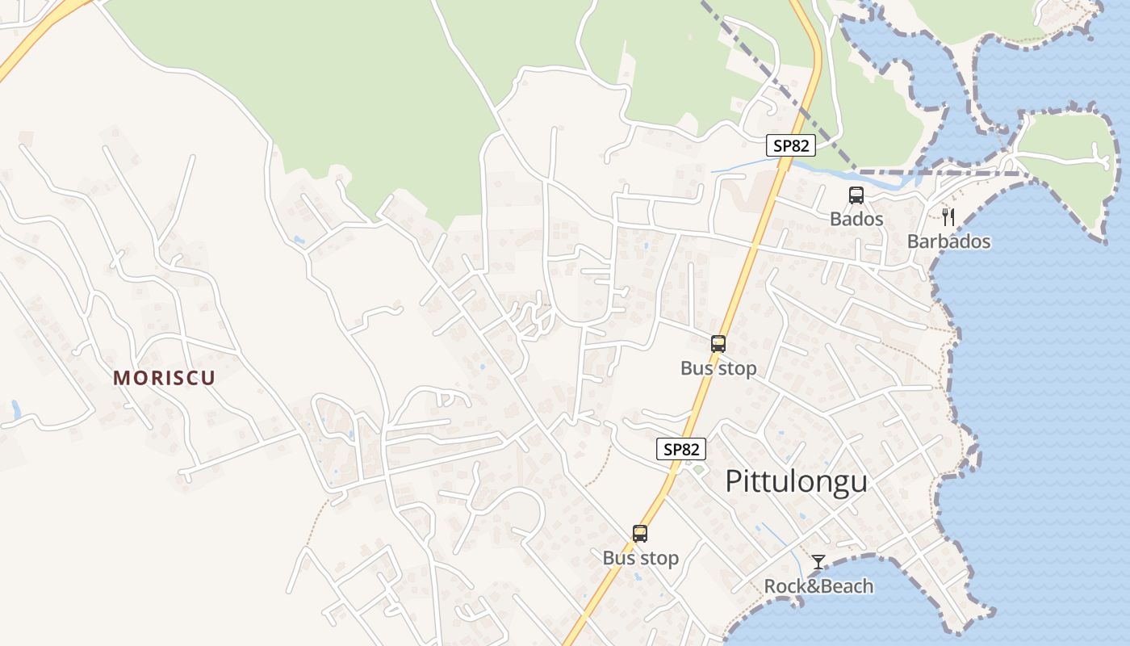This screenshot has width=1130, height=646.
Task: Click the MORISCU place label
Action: click(164, 378)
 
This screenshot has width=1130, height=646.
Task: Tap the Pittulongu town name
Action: click(796, 481)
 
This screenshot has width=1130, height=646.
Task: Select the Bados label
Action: click(856, 219)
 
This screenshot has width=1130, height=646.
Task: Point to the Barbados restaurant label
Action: click(948, 241)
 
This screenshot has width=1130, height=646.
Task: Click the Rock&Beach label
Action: click(818, 586)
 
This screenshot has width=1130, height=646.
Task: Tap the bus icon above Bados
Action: click(856, 195)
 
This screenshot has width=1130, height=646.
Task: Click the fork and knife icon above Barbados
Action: click(948, 216)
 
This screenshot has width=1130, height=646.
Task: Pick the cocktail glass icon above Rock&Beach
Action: click(818, 562)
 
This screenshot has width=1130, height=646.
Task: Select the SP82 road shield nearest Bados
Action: click(791, 146)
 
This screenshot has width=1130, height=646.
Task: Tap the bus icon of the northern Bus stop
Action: click(718, 344)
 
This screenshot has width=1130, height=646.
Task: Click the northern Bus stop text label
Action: click(718, 368)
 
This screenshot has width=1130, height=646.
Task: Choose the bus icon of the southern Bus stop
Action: click(640, 534)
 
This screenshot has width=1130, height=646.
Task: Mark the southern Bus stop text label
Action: click(640, 558)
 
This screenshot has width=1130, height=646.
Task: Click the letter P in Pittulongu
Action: click(733, 481)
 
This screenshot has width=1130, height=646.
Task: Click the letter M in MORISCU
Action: click(121, 378)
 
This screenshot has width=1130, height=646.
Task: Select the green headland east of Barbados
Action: click(1057, 174)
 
